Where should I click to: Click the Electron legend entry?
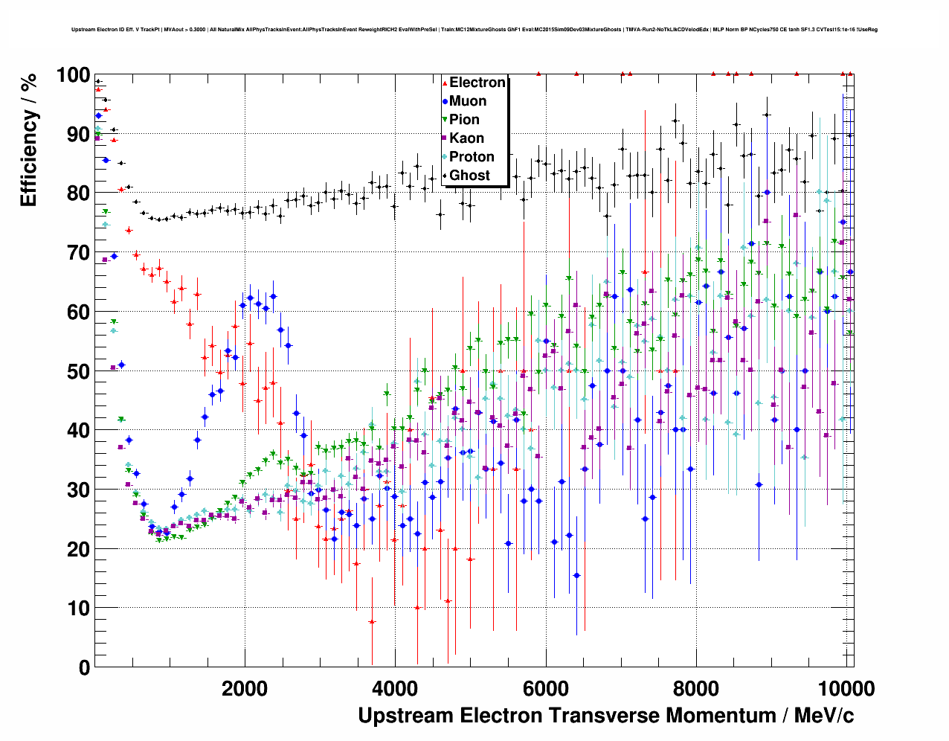coord(477,83)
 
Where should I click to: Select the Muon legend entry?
coord(468,101)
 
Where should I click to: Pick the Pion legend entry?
coord(464,120)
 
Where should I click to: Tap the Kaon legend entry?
coord(466,138)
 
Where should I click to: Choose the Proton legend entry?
coord(472,157)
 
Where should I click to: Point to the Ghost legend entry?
coord(469,176)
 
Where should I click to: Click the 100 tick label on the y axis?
coord(72,76)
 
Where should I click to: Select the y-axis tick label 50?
coord(78,371)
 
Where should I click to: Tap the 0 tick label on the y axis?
coord(84,667)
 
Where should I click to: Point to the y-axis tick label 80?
coord(78,193)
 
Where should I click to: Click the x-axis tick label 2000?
coord(245,688)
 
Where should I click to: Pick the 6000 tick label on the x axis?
coord(546,688)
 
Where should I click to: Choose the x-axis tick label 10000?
coord(845,688)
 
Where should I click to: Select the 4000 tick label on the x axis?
coord(396,688)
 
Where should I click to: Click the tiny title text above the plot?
coord(474,30)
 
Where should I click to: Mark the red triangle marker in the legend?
coord(445,83)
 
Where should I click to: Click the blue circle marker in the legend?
coord(445,101)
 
